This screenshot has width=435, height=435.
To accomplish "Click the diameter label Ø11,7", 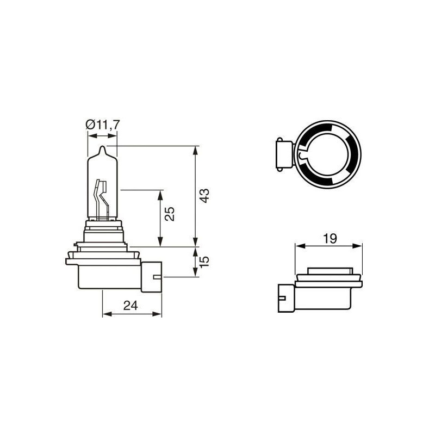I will coord(103,125).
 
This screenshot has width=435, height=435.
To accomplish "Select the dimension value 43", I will coord(204,196).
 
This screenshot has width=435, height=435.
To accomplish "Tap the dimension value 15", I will coord(204,262).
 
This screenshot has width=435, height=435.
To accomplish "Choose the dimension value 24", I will coord(130,305).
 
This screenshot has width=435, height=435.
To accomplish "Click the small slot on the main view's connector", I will coord(157,278).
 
